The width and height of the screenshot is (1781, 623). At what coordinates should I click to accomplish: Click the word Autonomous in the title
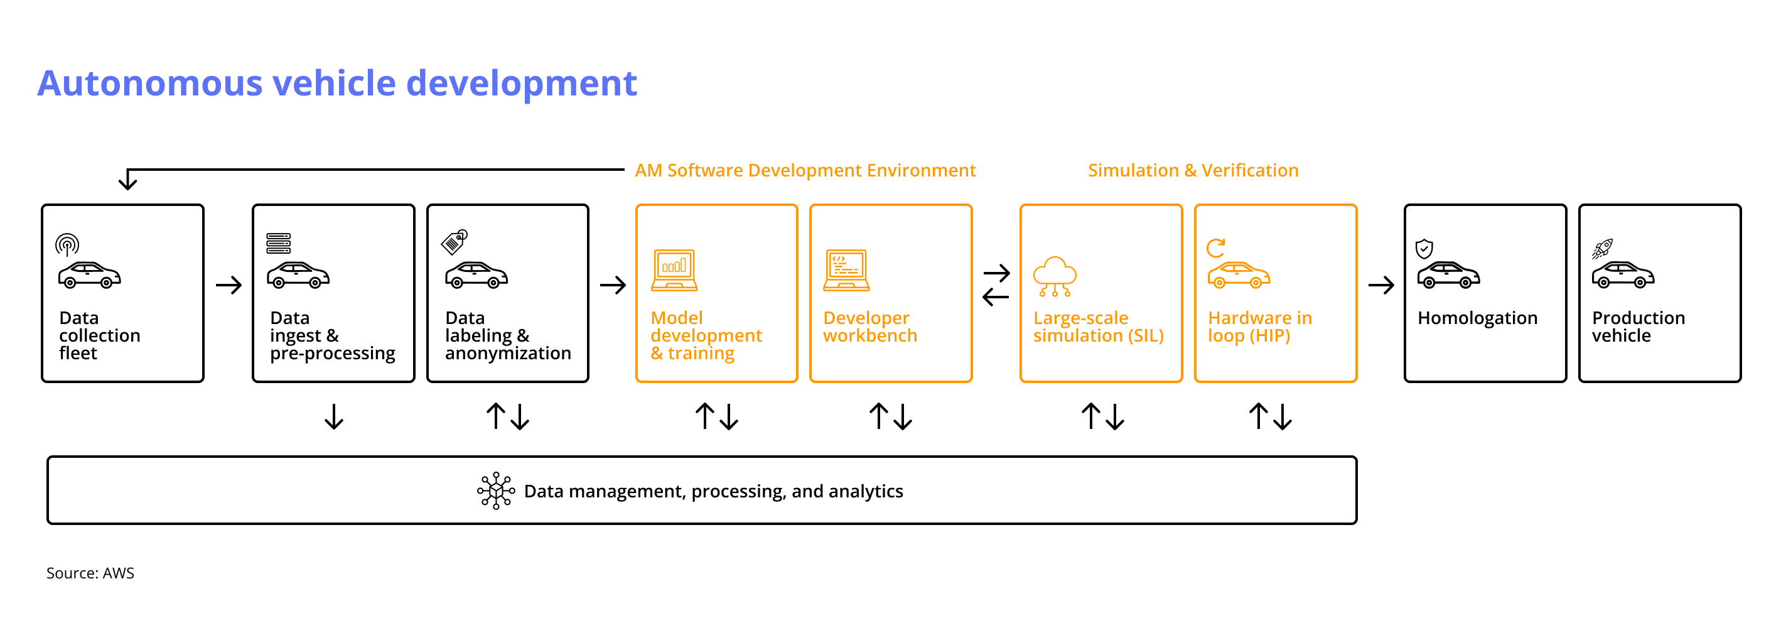click(150, 84)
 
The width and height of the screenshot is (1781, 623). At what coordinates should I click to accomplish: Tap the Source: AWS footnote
click(90, 573)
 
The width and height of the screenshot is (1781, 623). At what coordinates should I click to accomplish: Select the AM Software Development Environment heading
click(805, 171)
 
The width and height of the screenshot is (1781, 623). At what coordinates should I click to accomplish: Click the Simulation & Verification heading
click(1193, 171)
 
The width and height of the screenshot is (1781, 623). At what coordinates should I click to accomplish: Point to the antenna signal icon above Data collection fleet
click(67, 244)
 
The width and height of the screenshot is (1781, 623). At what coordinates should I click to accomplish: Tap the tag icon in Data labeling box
click(455, 242)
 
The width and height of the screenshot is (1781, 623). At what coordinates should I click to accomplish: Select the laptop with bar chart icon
click(674, 270)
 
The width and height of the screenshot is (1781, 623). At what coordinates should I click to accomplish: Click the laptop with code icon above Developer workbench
click(846, 270)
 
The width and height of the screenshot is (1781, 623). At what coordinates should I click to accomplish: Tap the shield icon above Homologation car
click(1424, 248)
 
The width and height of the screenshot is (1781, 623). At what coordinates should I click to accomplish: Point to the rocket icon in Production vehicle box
click(1602, 248)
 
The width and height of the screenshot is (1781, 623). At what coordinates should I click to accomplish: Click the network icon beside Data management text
click(496, 491)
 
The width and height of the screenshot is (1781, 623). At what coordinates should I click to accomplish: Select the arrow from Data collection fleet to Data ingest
click(229, 285)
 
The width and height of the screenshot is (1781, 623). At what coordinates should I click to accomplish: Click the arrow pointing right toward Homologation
click(1381, 285)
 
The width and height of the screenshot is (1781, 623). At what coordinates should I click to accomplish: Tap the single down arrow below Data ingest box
click(334, 417)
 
